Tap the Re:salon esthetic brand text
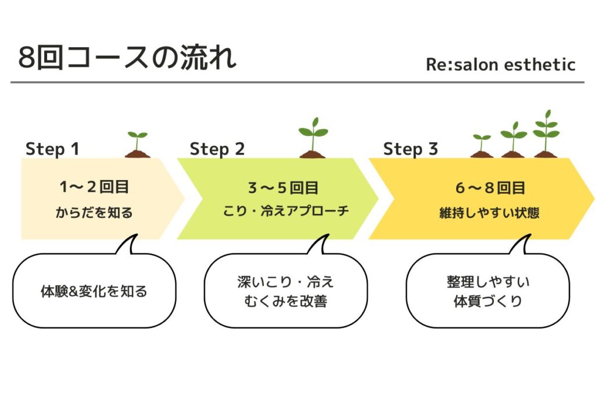pos(500,65)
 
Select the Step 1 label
pos(52,149)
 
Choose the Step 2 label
pos(217,149)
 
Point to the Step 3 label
pos(410,149)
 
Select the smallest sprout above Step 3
pos(482,146)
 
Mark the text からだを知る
pos(94,213)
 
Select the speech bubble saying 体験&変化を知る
pos(94,291)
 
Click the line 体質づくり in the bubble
pos(488,302)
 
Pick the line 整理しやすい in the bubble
pos(488,282)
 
